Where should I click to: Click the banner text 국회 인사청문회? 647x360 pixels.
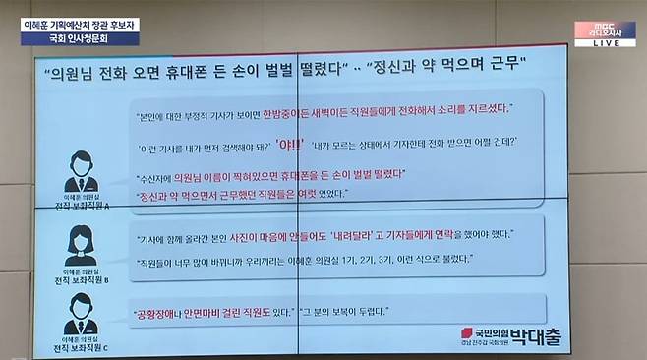click(80, 38)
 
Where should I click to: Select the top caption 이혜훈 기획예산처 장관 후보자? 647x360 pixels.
click(80, 22)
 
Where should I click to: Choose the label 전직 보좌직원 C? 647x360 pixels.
click(76, 348)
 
